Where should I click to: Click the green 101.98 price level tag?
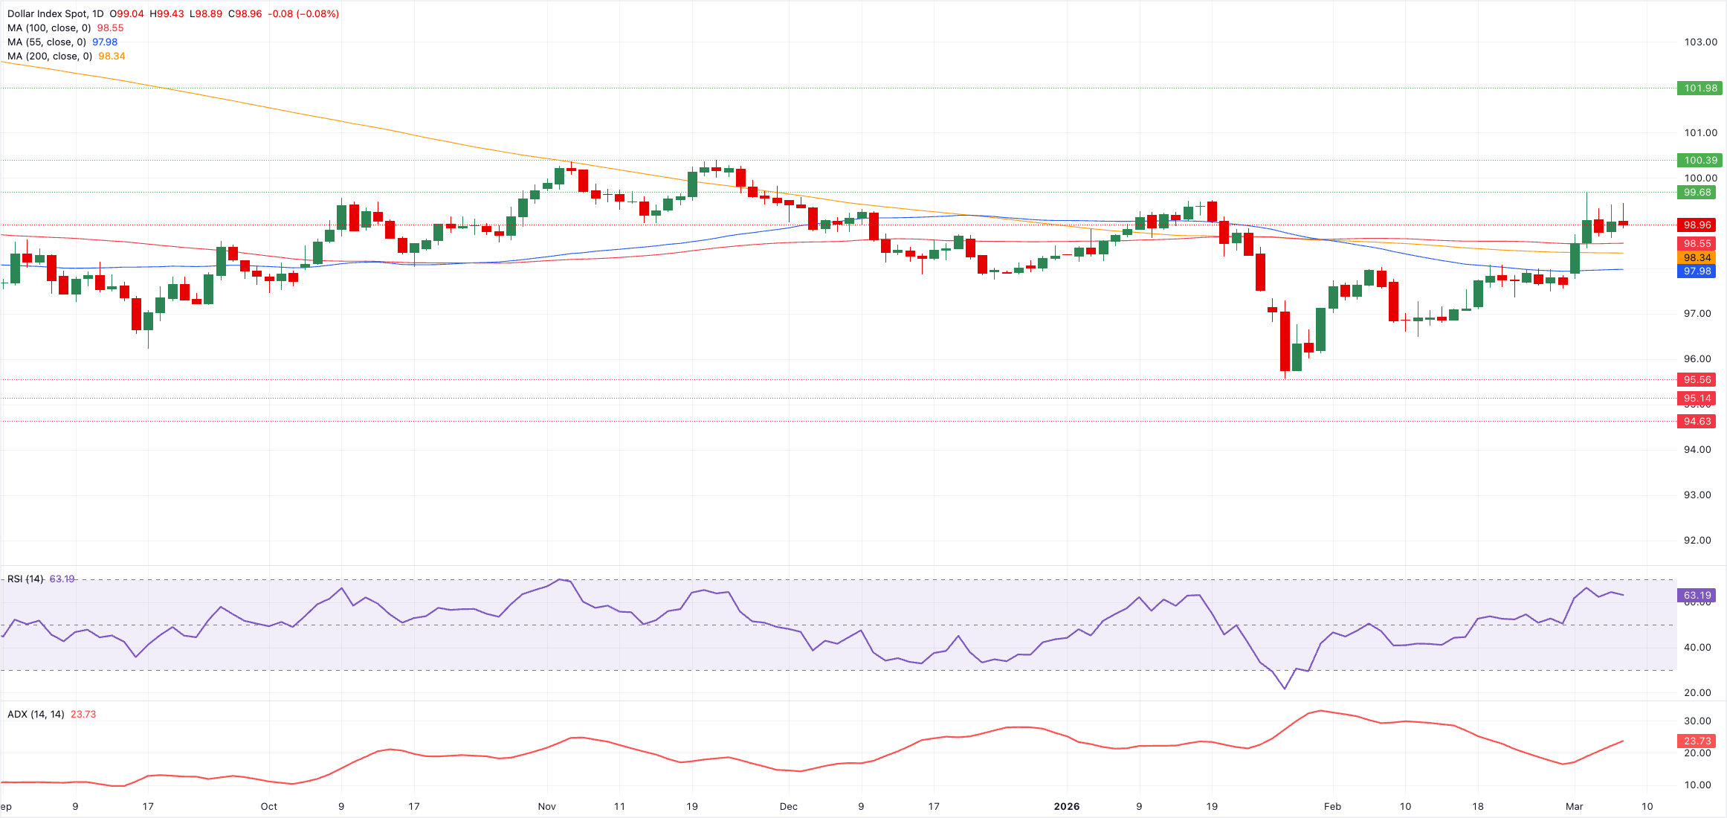tap(1700, 88)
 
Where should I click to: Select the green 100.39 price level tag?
tap(1700, 160)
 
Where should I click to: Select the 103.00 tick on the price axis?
tap(1700, 42)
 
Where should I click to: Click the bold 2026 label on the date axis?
tap(1067, 806)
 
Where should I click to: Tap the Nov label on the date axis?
tap(546, 806)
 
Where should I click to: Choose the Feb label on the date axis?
tap(1332, 806)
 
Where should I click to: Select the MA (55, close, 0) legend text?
tap(47, 42)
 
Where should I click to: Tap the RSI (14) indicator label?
tap(25, 579)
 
